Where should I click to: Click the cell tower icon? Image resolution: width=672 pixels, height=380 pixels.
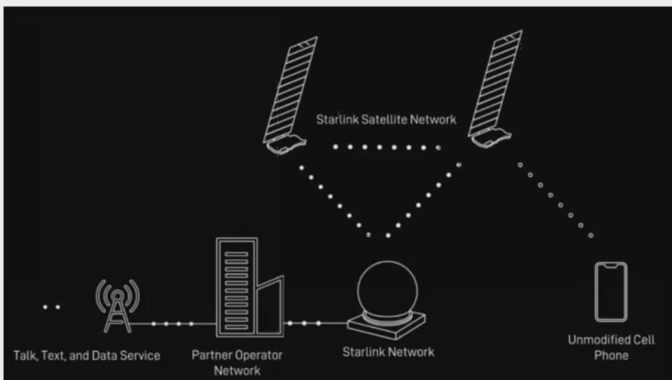pos(118,305)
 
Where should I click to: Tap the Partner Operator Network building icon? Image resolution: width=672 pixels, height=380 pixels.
pos(250,287)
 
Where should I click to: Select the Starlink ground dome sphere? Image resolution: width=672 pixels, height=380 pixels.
pos(387,290)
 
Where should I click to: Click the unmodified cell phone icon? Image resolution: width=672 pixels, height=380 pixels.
pos(611,292)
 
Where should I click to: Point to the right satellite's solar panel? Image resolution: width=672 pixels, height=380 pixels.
pos(495,83)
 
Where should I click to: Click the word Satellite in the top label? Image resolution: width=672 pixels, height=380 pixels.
pos(385,119)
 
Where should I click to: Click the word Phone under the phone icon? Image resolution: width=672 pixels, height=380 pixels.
pos(611,356)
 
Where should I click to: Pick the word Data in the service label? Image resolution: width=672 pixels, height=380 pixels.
pos(104,356)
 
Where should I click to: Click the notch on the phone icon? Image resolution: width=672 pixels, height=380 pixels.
pos(611,266)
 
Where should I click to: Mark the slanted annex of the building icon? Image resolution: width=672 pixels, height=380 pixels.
pos(270,306)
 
